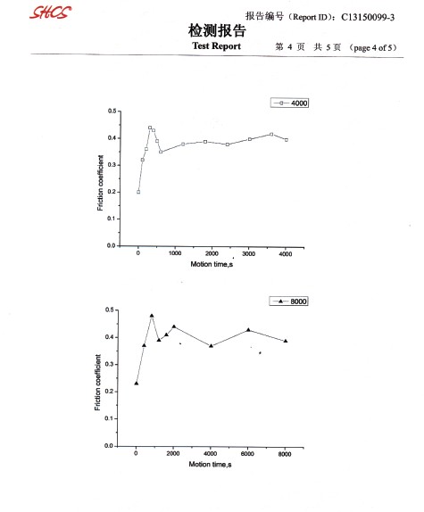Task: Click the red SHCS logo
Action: pos(50,12)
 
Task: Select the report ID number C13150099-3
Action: pos(368,17)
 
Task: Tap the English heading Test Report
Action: pos(216,46)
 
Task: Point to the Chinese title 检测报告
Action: pos(217,30)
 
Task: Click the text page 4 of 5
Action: pos(373,47)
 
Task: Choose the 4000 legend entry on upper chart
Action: pos(289,103)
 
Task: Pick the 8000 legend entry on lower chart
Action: pos(288,301)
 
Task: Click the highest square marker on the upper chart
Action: pos(150,128)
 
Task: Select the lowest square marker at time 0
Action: pos(138,192)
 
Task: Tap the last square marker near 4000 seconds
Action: pos(287,140)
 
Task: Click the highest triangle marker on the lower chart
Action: pos(152,316)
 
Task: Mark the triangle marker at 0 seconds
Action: pos(137,383)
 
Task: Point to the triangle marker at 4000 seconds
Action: pos(211,345)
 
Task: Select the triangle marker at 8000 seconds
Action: pos(286,341)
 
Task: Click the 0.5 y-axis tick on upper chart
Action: pos(112,111)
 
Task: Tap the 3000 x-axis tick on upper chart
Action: pos(248,253)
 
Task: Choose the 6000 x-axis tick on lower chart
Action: pos(247,453)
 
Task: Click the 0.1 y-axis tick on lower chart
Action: pos(109,418)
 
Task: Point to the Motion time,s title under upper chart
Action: pos(212,264)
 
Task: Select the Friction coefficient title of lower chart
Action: pos(97,383)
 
